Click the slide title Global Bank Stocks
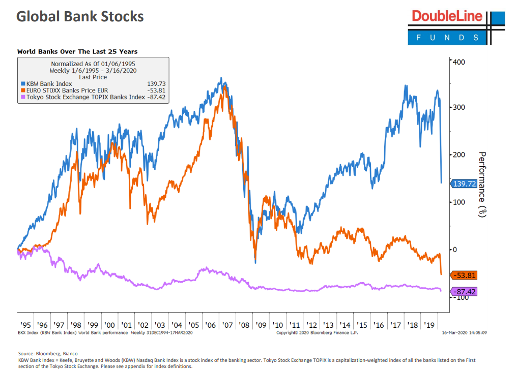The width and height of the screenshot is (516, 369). coord(80,16)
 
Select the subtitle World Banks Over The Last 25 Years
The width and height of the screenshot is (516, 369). coord(77,51)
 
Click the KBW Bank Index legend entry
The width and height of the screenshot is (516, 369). coord(49,83)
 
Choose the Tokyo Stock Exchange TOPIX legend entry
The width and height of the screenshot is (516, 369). coord(85,97)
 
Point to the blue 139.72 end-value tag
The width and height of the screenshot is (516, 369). coord(464,183)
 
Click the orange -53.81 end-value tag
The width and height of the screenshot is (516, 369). coord(464,275)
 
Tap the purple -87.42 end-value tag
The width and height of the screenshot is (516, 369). coord(464,292)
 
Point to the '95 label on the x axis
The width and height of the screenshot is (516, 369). coord(25,324)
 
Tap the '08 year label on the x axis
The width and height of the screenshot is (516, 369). coord(244,324)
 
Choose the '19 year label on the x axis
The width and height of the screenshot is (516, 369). coord(428,324)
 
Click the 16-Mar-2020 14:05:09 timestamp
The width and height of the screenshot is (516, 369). coord(465,332)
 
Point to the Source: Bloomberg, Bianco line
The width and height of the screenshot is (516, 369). coord(48,353)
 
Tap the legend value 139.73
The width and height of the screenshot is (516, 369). coord(156,83)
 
